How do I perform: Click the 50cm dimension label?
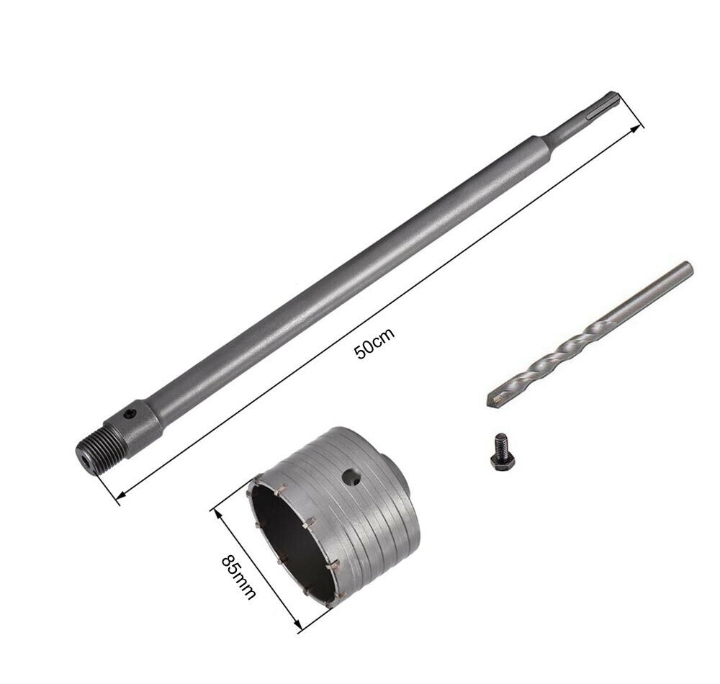click(374, 343)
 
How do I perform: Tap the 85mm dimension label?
click(238, 578)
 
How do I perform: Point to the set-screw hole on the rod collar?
click(132, 414)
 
